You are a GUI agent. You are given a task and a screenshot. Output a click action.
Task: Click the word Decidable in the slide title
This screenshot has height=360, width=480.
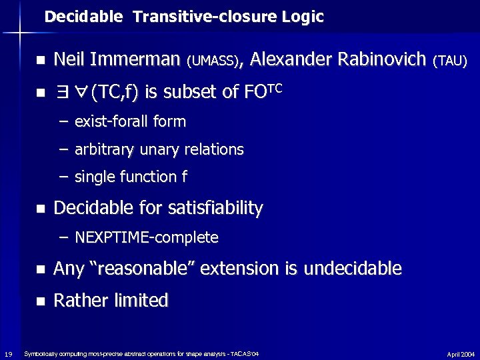(x=83, y=17)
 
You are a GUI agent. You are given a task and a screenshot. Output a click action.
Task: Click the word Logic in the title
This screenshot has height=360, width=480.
(x=302, y=17)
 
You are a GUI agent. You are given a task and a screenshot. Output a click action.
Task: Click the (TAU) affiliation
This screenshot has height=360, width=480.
(x=450, y=61)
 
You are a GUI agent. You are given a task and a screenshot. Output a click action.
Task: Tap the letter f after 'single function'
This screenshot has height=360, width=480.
(x=184, y=177)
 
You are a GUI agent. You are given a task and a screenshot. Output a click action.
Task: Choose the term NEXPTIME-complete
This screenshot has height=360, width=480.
(x=147, y=237)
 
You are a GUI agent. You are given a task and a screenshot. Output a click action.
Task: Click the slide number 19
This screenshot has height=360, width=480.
(x=7, y=353)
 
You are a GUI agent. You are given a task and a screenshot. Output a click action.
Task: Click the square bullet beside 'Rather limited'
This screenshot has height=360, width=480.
(x=40, y=301)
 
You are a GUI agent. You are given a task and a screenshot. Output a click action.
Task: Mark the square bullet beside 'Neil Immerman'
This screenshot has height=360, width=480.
(x=40, y=61)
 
